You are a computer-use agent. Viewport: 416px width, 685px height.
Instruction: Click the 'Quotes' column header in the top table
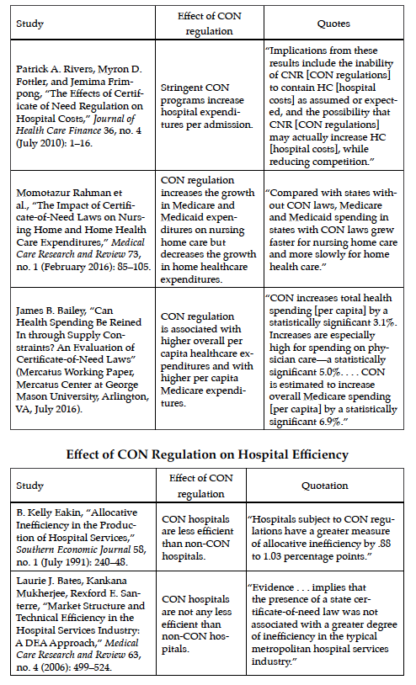click(x=333, y=24)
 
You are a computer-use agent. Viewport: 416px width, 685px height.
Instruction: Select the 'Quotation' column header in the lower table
click(x=325, y=486)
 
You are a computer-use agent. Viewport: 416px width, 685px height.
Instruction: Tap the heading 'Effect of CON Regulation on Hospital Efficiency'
click(x=207, y=454)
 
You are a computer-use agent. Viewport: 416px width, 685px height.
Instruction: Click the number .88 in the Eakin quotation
click(x=383, y=544)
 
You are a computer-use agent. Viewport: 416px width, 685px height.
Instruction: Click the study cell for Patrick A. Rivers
click(x=83, y=105)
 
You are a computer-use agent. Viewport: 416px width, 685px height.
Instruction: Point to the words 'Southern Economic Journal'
click(x=73, y=550)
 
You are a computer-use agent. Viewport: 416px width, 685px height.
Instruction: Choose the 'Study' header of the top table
click(x=29, y=24)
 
